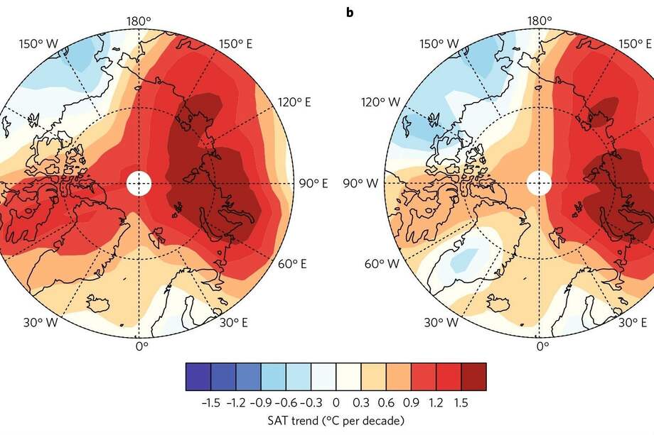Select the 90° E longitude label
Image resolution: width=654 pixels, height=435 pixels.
(x=313, y=184)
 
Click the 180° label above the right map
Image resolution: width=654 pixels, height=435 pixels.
(x=541, y=21)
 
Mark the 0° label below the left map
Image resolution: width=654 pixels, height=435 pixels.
(x=141, y=346)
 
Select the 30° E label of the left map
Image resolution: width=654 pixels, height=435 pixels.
(x=233, y=323)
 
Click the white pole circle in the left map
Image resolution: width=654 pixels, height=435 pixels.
(x=139, y=184)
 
